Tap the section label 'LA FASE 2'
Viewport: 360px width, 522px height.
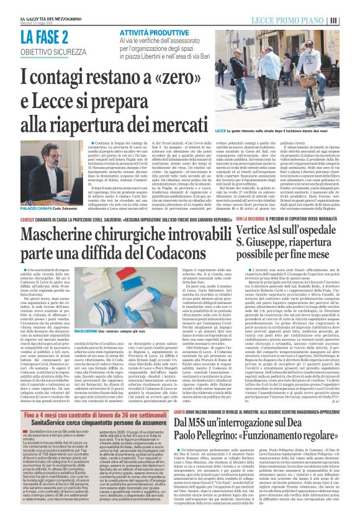pyautogui.click(x=43, y=20)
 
